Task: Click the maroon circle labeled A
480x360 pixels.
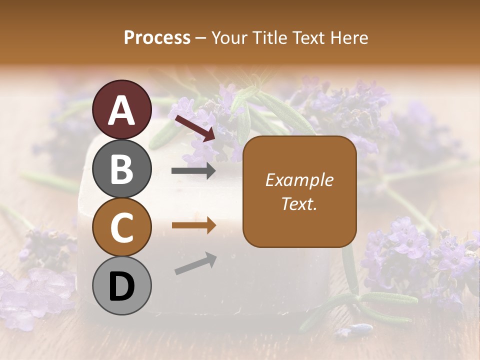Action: click(121, 109)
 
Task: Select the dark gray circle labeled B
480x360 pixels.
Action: click(121, 168)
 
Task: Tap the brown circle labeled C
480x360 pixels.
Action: click(121, 226)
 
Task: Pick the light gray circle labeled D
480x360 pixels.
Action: click(121, 285)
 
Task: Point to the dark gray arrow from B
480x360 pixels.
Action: click(193, 171)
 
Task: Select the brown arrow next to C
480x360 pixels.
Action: click(193, 225)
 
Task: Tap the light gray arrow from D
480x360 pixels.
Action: click(195, 264)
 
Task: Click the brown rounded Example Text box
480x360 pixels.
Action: click(299, 191)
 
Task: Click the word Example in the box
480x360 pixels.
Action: click(299, 180)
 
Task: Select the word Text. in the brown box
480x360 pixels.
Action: click(299, 203)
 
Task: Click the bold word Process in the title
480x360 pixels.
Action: click(157, 38)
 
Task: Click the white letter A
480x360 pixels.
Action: click(121, 110)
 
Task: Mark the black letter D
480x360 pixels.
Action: click(121, 285)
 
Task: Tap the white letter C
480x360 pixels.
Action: click(121, 227)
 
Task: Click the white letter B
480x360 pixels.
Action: click(121, 168)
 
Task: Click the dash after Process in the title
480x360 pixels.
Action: click(201, 38)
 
